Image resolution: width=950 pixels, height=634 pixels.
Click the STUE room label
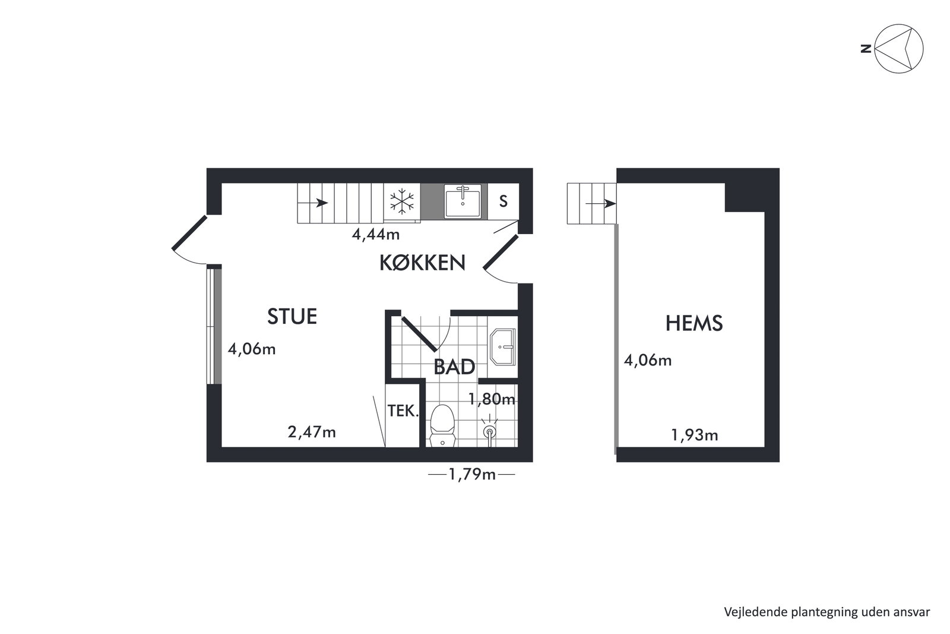292,317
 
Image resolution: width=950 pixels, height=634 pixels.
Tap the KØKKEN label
422,263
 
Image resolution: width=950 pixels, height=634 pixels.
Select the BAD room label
454,367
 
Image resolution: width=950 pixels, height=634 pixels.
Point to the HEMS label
694,323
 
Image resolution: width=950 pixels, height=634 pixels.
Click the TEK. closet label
403,411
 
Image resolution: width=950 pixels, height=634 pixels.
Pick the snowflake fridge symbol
401,201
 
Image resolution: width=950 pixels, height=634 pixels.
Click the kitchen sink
463,201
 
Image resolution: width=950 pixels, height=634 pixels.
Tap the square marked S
503,201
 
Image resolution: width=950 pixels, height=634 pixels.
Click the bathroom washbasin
503,346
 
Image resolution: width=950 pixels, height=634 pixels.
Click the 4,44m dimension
376,234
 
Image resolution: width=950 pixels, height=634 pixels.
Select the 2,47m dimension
312,433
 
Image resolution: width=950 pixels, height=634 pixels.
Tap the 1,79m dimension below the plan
472,474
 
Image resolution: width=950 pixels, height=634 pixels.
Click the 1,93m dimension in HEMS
695,435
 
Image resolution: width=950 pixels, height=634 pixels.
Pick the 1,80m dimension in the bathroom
492,399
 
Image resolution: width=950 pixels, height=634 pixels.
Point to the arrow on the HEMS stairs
601,204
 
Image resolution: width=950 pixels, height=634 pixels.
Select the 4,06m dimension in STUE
252,349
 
